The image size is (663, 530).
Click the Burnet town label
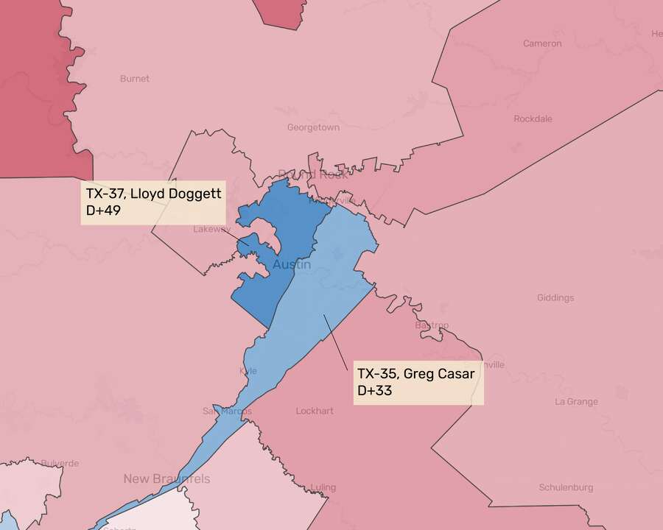point(134,78)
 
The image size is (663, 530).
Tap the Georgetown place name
point(313,127)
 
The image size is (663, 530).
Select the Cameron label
point(542,43)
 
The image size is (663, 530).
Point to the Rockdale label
point(533,119)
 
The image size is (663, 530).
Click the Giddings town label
point(555,298)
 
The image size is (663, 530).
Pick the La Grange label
point(576,402)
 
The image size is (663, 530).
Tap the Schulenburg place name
point(566,487)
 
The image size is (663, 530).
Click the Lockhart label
point(315,411)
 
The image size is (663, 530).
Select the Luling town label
point(323,487)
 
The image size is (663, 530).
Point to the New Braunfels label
point(166,479)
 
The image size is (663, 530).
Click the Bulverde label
point(39,464)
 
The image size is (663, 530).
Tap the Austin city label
point(292,264)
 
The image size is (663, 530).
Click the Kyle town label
point(248,371)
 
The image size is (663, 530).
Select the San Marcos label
point(227,411)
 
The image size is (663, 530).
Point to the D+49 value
point(103,212)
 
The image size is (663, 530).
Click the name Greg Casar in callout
point(441,373)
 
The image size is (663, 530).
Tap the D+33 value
point(374,391)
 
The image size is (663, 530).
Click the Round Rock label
point(312,174)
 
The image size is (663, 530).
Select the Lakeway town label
point(211,229)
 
